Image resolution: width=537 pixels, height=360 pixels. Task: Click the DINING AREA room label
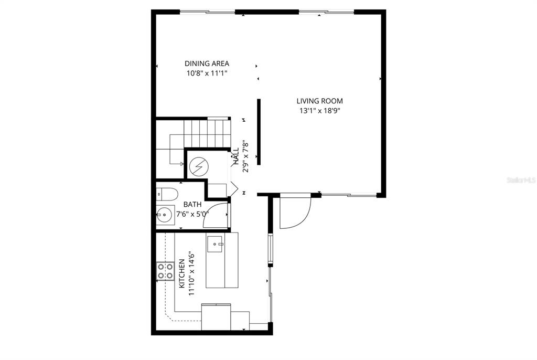(207, 63)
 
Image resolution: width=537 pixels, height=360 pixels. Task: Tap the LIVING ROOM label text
(319, 101)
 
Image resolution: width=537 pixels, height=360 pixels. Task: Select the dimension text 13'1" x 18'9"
(319, 110)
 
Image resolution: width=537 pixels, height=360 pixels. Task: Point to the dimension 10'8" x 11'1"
(207, 73)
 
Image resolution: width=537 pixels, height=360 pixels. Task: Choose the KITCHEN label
(181, 273)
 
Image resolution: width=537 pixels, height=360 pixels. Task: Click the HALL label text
(236, 153)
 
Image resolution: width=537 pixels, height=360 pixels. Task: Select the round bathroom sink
(164, 214)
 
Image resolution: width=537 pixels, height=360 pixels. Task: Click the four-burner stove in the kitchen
(166, 271)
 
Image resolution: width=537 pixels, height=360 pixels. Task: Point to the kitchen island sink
(216, 243)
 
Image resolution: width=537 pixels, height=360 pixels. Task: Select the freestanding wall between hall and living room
(259, 131)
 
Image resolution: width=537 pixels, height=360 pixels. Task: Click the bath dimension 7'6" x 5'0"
(192, 214)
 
